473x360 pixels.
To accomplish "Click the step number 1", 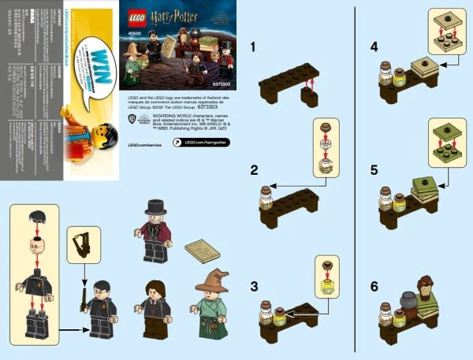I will tap(252, 47).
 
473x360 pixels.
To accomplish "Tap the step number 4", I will tap(374, 47).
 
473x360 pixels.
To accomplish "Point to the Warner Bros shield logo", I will tap(131, 121).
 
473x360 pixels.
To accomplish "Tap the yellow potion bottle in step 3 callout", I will tap(326, 276).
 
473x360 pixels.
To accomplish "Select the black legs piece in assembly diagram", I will tap(35, 323).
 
